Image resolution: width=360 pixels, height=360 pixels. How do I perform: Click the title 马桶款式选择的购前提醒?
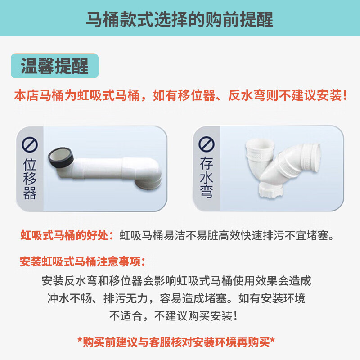point(180,20)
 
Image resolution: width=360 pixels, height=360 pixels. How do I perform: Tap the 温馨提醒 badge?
point(55,66)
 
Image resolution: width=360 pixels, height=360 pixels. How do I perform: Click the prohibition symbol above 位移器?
point(30,145)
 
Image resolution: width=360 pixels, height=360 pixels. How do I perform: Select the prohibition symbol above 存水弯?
point(207,144)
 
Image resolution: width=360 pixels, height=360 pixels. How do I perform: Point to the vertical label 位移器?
point(30,180)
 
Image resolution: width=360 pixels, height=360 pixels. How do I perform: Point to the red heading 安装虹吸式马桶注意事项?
point(83,261)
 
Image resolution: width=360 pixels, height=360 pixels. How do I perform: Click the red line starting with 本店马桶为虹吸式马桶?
point(180,96)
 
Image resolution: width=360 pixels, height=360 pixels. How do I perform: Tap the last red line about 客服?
point(180,342)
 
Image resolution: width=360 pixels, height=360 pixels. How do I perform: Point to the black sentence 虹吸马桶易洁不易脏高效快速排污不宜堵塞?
point(227,235)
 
